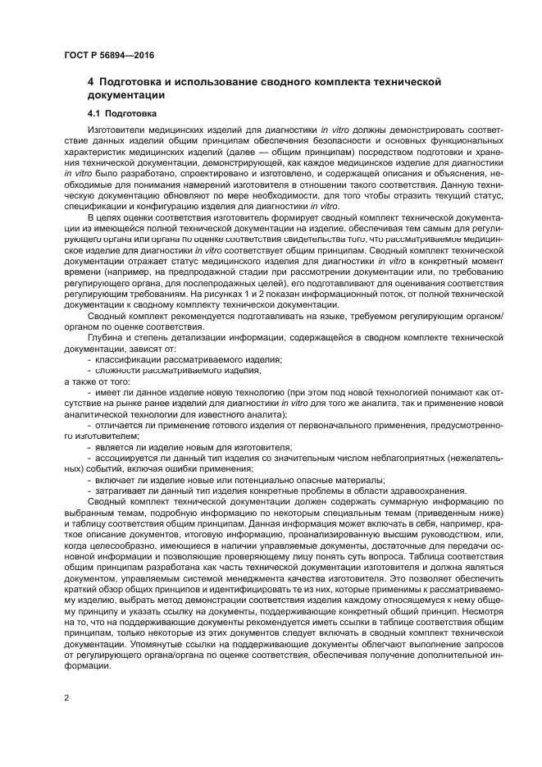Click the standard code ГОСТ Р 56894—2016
(x=108, y=56)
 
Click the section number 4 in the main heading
(x=91, y=83)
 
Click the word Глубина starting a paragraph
(x=104, y=336)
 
